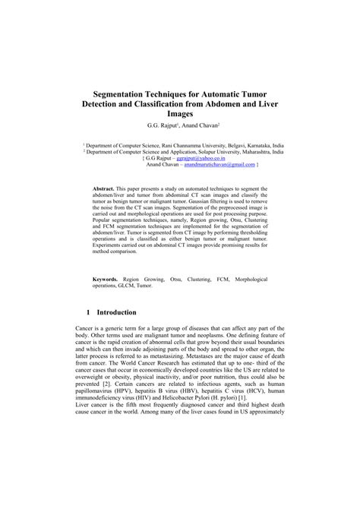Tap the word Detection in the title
[112, 102]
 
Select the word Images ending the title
[181, 113]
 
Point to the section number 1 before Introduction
[90, 313]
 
